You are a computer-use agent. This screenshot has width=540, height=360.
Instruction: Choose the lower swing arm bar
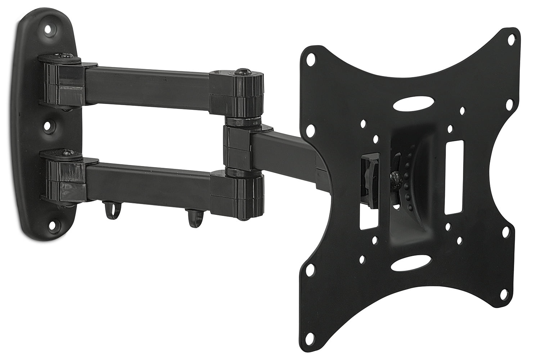click(x=148, y=179)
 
